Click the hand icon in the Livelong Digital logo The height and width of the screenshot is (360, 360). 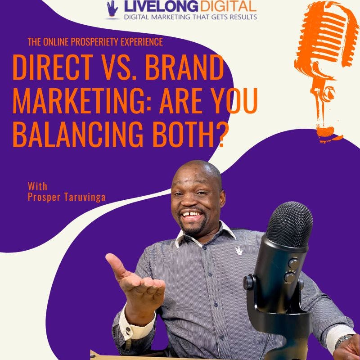click(112, 9)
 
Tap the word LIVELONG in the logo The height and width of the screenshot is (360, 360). click(161, 6)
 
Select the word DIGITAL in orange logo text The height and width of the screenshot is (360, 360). click(228, 6)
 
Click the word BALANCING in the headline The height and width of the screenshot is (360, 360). click(78, 134)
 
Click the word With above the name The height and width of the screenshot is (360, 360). click(37, 186)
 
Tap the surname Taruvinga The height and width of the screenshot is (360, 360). click(85, 197)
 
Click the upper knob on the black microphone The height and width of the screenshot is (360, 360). click(294, 263)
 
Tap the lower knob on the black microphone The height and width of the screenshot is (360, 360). click(290, 277)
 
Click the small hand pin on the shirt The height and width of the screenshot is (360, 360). click(239, 251)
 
